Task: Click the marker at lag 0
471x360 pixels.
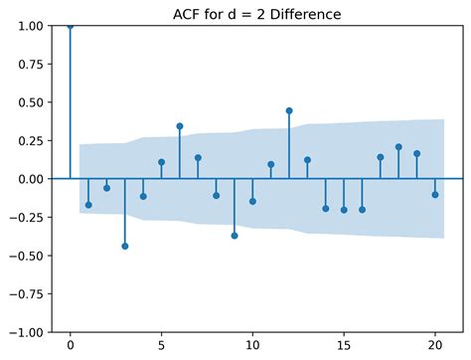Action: (x=70, y=26)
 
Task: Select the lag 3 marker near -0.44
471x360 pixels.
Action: (x=124, y=246)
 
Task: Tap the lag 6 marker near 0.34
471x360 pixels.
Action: (x=180, y=126)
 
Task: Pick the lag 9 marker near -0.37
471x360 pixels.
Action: (x=235, y=236)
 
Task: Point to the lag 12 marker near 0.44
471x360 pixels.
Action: (x=289, y=110)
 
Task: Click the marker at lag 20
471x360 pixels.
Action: (x=435, y=195)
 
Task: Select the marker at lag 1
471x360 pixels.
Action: (x=88, y=205)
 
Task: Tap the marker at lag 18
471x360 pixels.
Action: (x=398, y=147)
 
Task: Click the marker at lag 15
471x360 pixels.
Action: (x=344, y=210)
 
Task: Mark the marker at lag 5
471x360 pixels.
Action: (x=161, y=162)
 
